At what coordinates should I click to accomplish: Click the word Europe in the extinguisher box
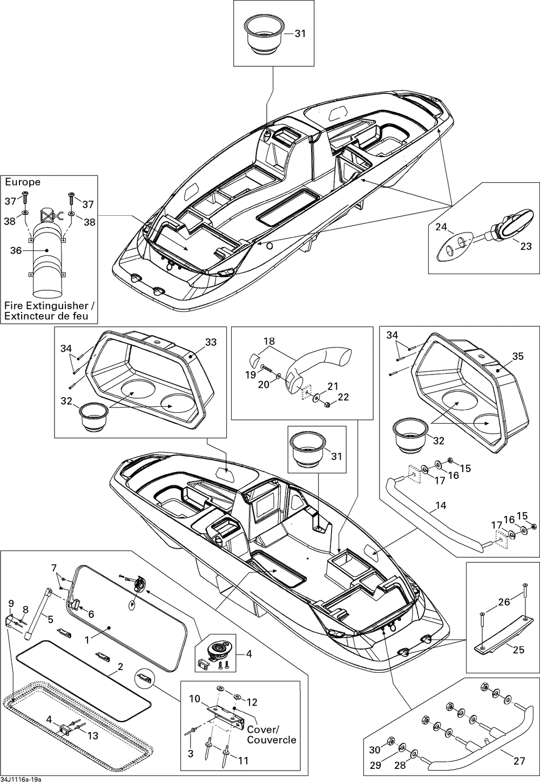click(23, 182)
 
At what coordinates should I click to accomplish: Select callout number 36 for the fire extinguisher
click(17, 250)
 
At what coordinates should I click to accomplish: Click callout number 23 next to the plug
click(525, 246)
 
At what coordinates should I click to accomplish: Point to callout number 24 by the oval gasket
click(442, 227)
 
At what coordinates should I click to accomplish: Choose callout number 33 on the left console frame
click(211, 342)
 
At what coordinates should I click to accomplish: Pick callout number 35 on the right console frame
click(517, 356)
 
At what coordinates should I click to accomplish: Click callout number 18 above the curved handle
click(269, 341)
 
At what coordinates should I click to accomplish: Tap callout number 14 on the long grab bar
click(441, 506)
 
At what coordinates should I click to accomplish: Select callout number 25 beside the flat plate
click(518, 650)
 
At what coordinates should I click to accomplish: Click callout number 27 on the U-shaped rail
click(519, 761)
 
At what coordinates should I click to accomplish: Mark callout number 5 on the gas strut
click(50, 619)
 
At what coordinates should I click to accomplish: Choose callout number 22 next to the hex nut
click(343, 397)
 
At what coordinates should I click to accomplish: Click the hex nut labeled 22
click(327, 404)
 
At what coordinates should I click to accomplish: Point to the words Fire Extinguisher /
click(49, 305)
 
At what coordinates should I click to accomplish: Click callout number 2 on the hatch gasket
click(120, 667)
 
